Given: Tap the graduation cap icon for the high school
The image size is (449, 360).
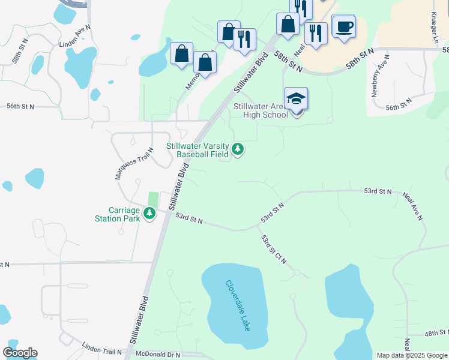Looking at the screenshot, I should coord(296,98).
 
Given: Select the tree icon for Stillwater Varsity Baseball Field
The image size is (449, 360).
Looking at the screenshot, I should coord(238,149).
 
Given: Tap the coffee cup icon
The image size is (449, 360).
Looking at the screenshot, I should coord(345,27).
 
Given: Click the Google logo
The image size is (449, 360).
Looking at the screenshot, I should coord(20,353).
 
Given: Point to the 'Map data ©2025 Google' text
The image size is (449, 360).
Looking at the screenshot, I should coord(411,355).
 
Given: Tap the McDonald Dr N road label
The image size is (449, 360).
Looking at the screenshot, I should coord(158,355).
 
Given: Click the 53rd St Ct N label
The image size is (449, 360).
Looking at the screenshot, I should coord(274,249).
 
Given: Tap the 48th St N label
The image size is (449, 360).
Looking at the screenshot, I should coord(436,332).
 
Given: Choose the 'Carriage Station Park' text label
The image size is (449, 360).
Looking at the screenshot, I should coord(124,214).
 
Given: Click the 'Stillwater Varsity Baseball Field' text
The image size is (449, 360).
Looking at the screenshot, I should coord(199,150).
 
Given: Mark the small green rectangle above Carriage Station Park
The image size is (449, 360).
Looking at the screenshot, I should coord(154,199).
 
